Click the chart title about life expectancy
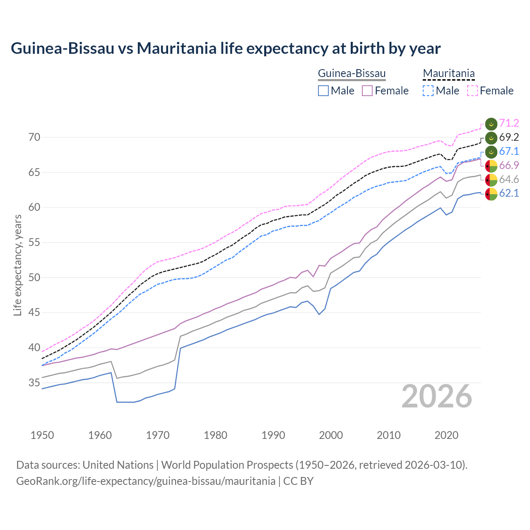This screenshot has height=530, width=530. tap(226, 48)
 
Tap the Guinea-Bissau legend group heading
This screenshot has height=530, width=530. tap(352, 74)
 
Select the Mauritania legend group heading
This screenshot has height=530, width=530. tap(448, 74)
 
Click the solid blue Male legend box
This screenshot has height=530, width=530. tap(323, 91)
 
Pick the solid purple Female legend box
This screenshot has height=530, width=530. tap(367, 91)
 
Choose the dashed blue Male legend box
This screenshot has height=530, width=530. tap(428, 91)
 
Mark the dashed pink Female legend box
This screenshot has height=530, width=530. tap(472, 91)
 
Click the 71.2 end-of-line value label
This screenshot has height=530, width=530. tap(509, 123)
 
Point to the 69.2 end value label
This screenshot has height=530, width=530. tap(509, 137)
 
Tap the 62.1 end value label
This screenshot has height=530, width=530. tap(509, 193)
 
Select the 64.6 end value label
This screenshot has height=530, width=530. tap(509, 179)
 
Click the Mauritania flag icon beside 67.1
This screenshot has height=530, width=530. tap(491, 152)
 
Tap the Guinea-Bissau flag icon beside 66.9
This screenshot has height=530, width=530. tap(491, 166)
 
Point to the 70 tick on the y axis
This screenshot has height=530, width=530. tap(34, 137)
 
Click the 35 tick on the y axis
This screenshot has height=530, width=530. tap(34, 383)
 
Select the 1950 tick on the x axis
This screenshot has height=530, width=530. tap(43, 435)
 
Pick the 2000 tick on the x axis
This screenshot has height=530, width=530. tap(331, 435)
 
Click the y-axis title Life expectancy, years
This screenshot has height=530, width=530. tap(18, 265)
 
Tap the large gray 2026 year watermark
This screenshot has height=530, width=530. tap(437, 396)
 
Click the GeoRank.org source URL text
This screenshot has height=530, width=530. tap(146, 481)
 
